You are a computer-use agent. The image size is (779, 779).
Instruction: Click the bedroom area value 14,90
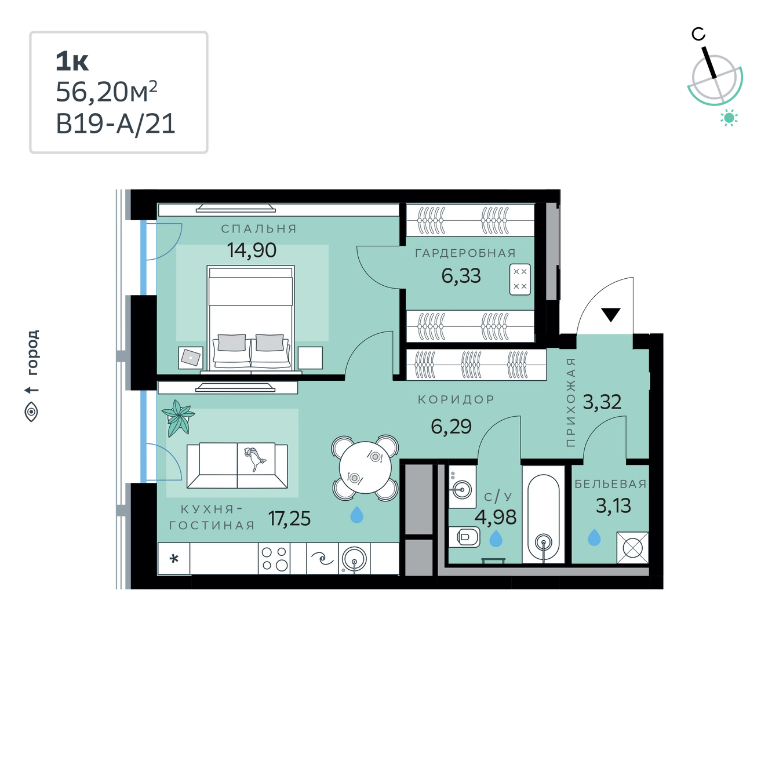(x=252, y=250)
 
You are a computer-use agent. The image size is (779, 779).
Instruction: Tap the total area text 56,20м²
(x=106, y=92)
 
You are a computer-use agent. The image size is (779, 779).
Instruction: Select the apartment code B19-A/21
(x=115, y=123)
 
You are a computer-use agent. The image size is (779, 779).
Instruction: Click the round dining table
(x=365, y=468)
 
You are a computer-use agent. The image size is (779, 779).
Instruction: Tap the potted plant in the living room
(x=178, y=417)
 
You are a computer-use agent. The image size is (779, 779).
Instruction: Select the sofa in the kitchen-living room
(x=237, y=465)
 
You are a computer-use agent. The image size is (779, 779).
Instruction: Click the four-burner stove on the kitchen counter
(x=274, y=558)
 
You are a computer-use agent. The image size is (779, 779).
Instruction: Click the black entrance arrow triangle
(x=610, y=315)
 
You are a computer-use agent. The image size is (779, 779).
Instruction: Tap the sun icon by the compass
(x=729, y=118)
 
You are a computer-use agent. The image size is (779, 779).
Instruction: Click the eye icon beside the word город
(x=31, y=412)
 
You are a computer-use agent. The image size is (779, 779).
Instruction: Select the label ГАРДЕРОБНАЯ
(x=465, y=253)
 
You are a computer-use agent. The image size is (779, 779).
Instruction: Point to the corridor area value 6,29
(x=451, y=427)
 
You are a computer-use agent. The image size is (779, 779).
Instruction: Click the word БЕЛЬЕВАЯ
(x=610, y=484)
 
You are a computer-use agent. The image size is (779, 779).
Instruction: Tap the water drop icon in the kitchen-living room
(x=356, y=515)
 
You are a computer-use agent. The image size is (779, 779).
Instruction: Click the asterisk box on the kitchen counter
(x=174, y=558)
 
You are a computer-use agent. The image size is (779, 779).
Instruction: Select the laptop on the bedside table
(x=191, y=358)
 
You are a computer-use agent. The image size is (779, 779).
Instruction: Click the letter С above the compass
(x=698, y=34)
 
